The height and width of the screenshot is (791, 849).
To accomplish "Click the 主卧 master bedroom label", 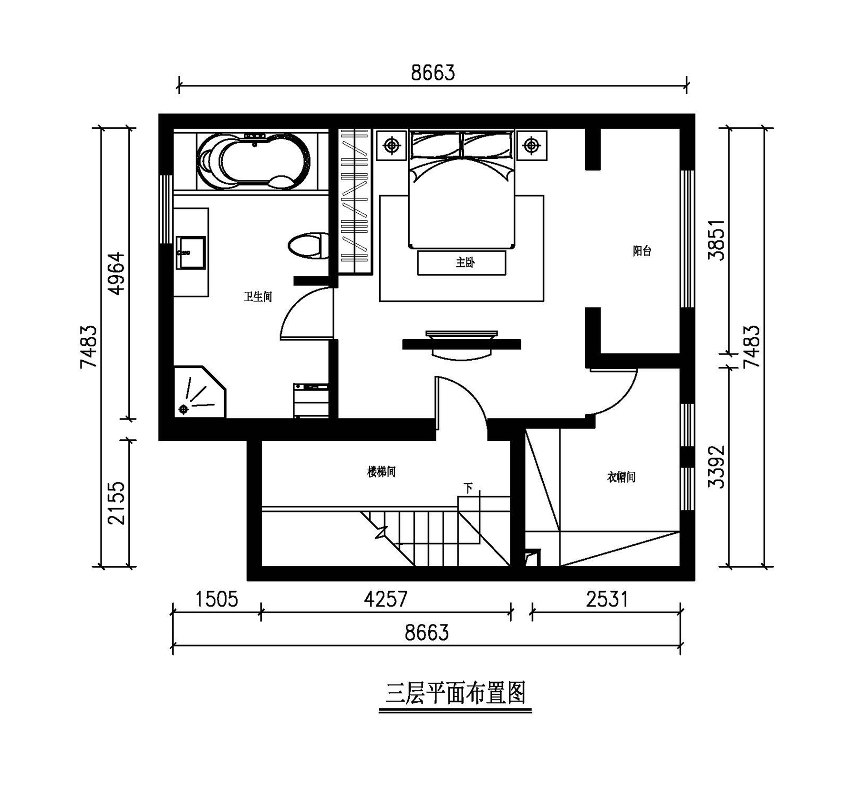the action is tap(465, 262).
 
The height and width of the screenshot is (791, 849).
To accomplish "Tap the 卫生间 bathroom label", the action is tap(258, 297).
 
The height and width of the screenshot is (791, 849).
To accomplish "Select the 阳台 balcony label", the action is tap(642, 251).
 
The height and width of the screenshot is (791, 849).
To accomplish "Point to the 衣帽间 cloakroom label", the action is tap(621, 477).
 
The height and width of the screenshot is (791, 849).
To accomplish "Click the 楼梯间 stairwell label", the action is tap(382, 472).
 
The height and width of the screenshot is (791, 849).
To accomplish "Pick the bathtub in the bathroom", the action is tap(253, 161).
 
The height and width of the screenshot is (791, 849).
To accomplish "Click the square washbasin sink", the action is tap(191, 253).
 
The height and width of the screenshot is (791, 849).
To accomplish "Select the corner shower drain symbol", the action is tap(184, 409).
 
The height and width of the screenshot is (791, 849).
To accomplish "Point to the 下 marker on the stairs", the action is tap(468, 488).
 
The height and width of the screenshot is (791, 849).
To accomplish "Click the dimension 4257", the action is tap(386, 599).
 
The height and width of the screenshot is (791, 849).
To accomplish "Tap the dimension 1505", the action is tap(217, 599).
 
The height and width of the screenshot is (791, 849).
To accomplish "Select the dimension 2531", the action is tap(607, 599).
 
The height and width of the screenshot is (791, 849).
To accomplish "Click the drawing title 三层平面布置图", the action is tap(456, 694).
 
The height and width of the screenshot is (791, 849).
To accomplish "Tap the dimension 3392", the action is tap(716, 467).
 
